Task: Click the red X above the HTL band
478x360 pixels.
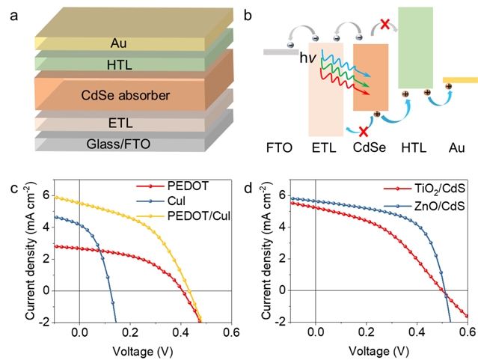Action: (x=384, y=25)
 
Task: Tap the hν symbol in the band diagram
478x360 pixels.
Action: (x=308, y=58)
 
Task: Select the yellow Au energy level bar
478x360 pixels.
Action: (x=460, y=79)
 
